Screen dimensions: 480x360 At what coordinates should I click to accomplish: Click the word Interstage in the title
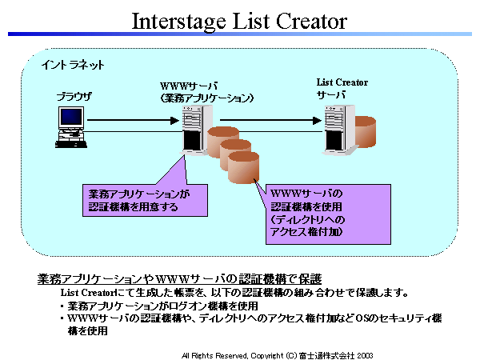click(178, 22)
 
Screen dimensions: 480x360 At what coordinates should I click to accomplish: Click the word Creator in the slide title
click(311, 21)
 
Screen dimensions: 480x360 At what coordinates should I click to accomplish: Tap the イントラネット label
click(73, 65)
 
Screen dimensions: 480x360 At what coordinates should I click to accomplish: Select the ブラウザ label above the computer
click(74, 97)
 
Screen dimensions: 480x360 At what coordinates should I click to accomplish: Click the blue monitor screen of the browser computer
click(71, 118)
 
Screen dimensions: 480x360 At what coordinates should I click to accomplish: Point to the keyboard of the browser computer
click(71, 144)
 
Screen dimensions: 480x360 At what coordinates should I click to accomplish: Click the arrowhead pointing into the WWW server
click(174, 120)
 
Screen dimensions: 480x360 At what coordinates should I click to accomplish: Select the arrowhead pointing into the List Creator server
click(317, 120)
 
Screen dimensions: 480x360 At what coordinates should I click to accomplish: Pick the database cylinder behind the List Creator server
click(366, 132)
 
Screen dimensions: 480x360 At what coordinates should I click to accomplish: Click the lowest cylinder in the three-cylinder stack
click(244, 168)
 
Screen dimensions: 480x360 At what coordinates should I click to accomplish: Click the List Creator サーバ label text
click(342, 89)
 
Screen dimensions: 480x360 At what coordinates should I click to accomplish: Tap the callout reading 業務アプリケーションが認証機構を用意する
click(145, 200)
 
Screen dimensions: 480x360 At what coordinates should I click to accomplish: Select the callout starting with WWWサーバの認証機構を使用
click(328, 214)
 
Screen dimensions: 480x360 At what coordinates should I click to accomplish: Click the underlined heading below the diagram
click(179, 279)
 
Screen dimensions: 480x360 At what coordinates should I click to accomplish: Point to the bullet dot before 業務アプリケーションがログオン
click(62, 306)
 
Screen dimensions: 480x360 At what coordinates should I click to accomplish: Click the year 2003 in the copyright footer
click(365, 355)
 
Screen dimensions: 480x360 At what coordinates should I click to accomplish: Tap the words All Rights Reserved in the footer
click(214, 355)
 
